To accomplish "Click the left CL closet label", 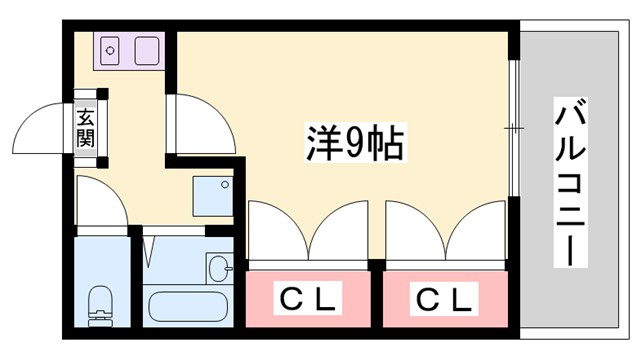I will pos(308,297).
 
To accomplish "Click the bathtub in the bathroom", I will pos(185,301).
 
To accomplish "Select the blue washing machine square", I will pos(212,195).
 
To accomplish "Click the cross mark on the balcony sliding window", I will pos(512,128).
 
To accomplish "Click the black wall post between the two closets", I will pos(376,265).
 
